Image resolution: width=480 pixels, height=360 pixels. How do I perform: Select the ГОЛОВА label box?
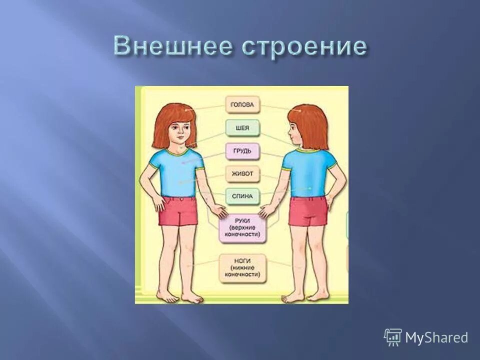242,105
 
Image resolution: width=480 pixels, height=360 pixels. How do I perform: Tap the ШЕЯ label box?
242,128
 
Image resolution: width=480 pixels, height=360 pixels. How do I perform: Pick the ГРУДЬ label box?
242,150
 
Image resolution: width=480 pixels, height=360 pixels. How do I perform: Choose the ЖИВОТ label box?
242,174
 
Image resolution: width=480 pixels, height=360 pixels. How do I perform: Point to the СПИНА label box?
242,196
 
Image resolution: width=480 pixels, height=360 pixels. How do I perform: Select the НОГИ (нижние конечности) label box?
242,268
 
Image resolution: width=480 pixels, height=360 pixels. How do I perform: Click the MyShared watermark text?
436,337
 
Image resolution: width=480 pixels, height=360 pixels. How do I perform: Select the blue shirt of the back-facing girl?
306,172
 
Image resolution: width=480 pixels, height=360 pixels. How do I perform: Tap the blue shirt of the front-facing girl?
178,167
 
